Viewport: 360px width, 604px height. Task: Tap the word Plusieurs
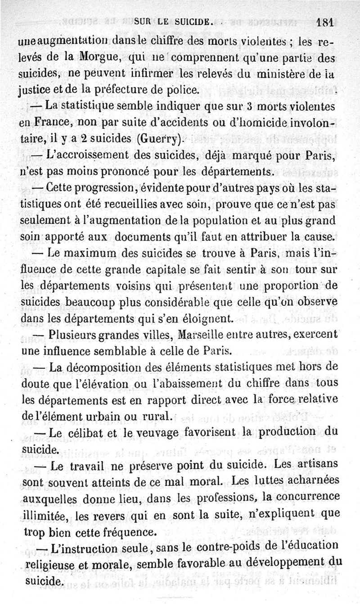tap(72, 336)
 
